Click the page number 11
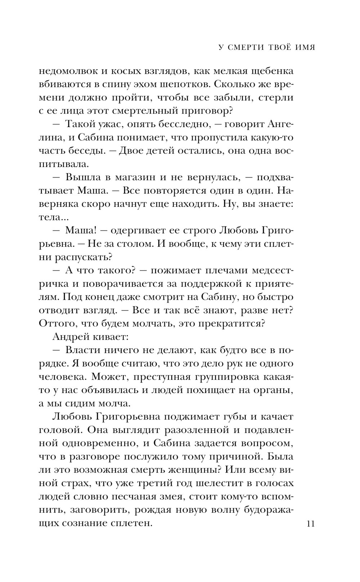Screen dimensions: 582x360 point(311,523)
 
